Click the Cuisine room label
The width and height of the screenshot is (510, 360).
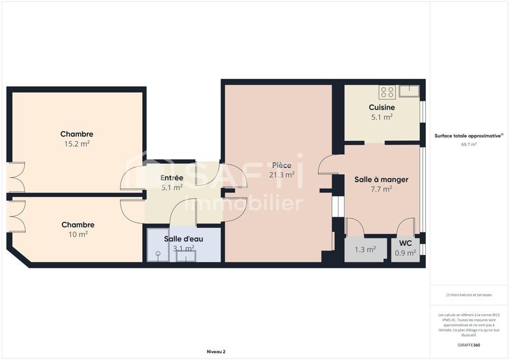[381, 107]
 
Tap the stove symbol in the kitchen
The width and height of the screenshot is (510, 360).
[386, 92]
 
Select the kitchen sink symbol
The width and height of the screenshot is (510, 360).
[408, 91]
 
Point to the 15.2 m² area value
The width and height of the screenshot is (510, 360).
[77, 144]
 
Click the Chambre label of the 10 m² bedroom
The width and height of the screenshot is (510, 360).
[78, 224]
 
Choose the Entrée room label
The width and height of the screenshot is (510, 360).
[171, 178]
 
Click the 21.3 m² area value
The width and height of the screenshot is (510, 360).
[281, 175]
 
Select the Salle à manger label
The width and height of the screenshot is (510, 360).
[381, 180]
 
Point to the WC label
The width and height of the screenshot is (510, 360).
[405, 243]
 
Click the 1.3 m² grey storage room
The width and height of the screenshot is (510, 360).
[365, 249]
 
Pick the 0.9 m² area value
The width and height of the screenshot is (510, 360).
[405, 252]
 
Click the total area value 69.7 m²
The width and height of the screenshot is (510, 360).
[469, 145]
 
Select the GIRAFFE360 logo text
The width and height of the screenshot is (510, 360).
[469, 345]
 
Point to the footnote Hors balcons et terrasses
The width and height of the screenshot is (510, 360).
[469, 295]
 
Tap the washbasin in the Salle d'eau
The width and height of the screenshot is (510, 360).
[186, 256]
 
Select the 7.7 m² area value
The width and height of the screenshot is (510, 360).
[381, 189]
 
